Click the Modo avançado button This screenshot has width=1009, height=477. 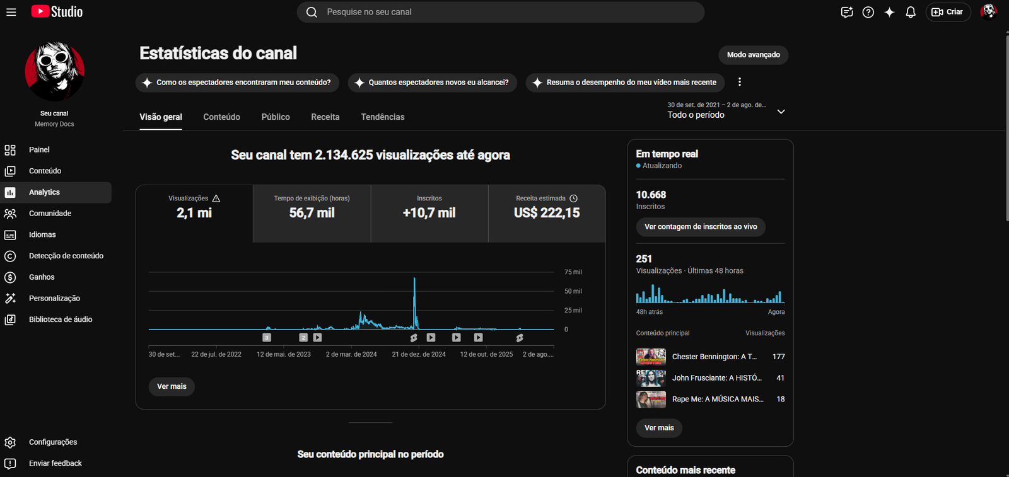click(753, 55)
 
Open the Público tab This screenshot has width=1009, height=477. click(276, 117)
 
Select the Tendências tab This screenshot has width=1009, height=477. click(382, 117)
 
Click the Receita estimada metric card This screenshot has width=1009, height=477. click(547, 214)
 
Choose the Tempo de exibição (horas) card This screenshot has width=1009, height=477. click(312, 214)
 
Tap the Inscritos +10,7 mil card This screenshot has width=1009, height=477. click(429, 214)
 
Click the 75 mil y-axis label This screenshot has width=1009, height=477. click(573, 272)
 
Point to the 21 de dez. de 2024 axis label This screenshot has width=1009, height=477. click(419, 355)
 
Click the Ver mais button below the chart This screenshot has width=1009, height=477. click(172, 386)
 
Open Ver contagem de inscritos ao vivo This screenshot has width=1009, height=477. click(701, 227)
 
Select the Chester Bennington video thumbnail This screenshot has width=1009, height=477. click(651, 357)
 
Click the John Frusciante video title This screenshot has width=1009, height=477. click(716, 378)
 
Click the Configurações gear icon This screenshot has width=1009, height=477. click(10, 442)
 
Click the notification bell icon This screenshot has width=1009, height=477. click(911, 12)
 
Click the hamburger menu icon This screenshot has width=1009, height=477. click(11, 12)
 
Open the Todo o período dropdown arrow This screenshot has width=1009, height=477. click(781, 112)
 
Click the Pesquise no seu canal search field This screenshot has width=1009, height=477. click(501, 12)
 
